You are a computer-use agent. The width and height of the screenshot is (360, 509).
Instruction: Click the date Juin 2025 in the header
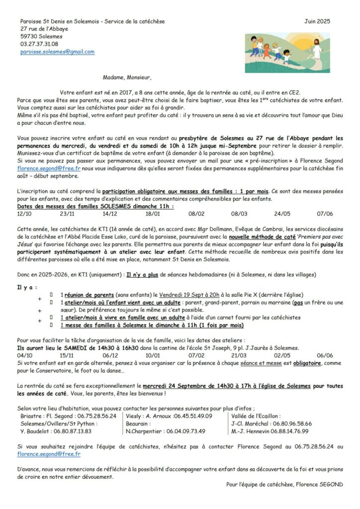point(317,21)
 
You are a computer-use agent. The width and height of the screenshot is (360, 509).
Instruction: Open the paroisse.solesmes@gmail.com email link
point(57,52)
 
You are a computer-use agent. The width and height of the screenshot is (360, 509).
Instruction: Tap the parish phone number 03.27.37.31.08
point(39,44)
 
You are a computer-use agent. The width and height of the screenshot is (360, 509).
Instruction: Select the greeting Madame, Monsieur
point(127,77)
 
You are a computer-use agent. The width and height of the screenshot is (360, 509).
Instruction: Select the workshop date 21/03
point(239,356)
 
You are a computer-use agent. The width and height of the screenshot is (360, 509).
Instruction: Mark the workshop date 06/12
point(110,356)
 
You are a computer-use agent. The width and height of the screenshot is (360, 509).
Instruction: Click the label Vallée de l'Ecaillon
point(256,416)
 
